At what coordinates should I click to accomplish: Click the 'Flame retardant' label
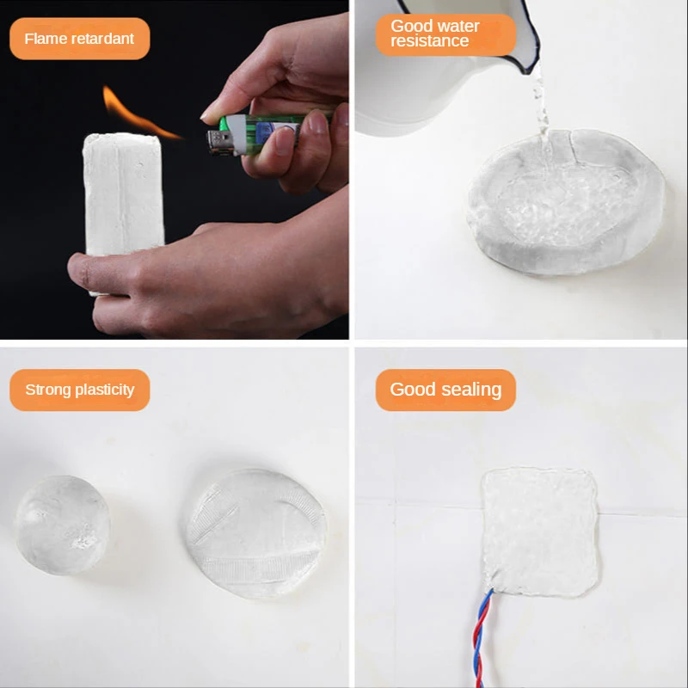[79, 39]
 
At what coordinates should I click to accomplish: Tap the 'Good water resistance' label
[445, 34]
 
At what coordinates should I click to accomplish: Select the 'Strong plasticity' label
[79, 390]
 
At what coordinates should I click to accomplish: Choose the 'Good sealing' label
[445, 390]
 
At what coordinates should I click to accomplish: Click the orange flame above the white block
[136, 115]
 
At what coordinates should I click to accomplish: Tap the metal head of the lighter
[219, 142]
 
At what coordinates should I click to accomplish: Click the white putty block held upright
[124, 198]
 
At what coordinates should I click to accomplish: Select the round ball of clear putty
[62, 525]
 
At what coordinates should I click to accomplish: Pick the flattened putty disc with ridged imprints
[256, 532]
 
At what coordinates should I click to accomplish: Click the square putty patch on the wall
[540, 531]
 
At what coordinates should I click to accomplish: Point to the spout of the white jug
[530, 57]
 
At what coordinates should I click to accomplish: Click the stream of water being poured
[542, 110]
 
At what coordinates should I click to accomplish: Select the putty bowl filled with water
[567, 202]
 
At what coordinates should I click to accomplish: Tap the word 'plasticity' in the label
[104, 390]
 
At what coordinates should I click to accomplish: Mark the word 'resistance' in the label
[429, 41]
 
